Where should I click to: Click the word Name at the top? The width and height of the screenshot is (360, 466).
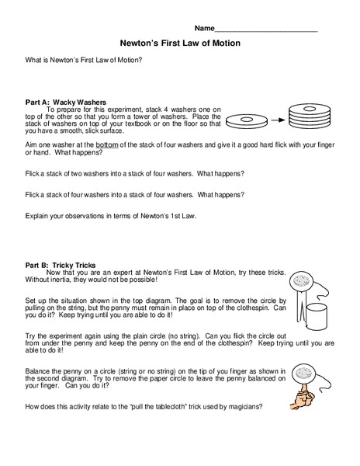[x=204, y=29]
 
